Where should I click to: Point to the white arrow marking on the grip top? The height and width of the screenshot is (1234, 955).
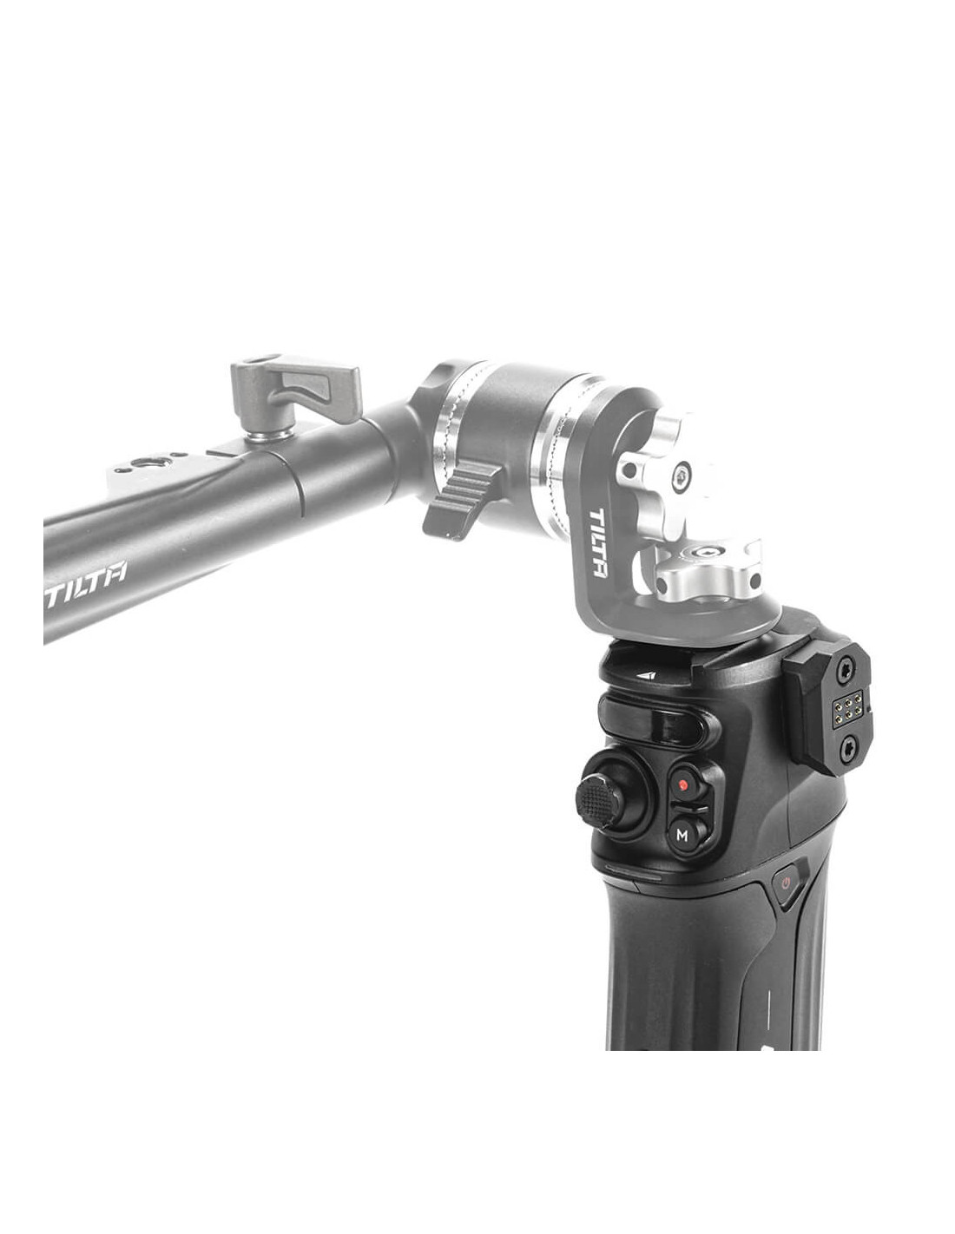pos(647,676)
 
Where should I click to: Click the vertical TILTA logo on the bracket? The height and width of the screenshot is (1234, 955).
pos(597,543)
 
